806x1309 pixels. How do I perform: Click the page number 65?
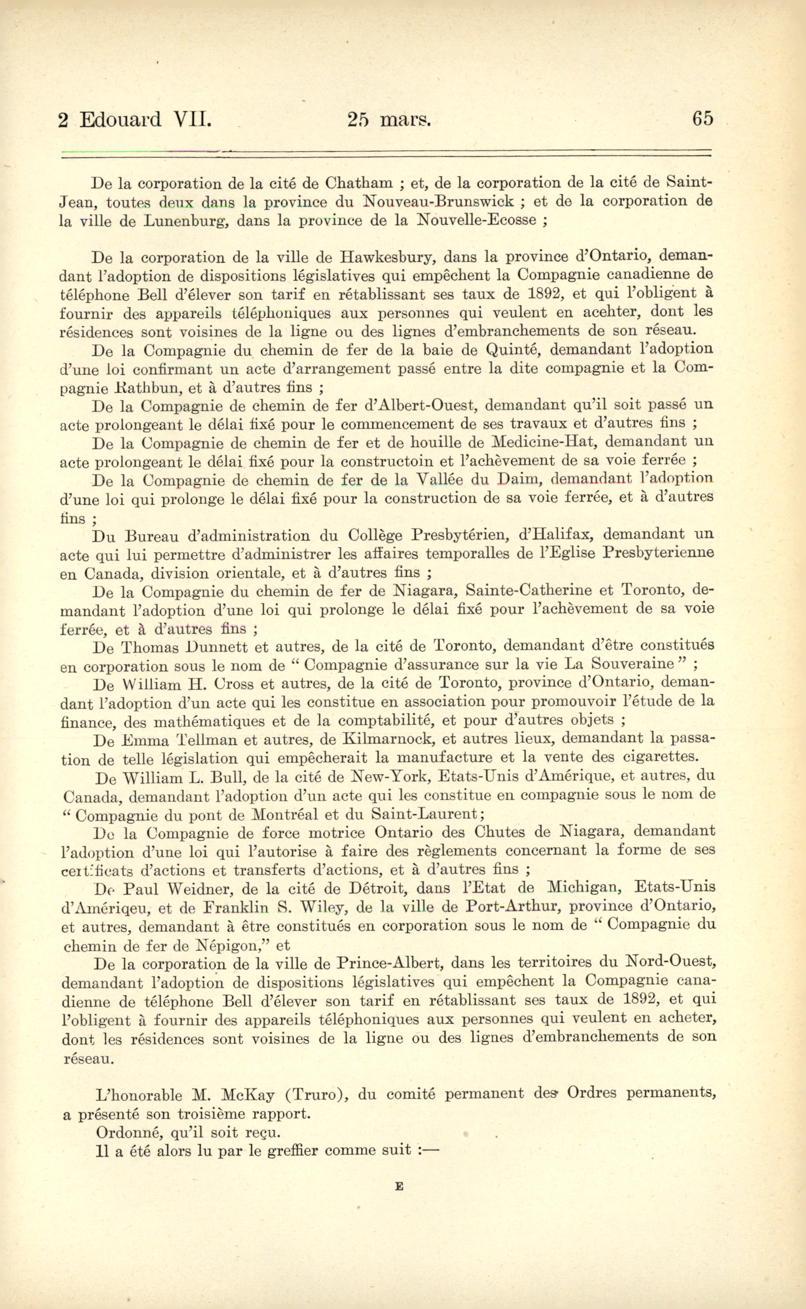point(702,118)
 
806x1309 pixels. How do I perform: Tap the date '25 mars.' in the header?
point(389,119)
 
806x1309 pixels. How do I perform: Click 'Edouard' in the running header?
point(120,119)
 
